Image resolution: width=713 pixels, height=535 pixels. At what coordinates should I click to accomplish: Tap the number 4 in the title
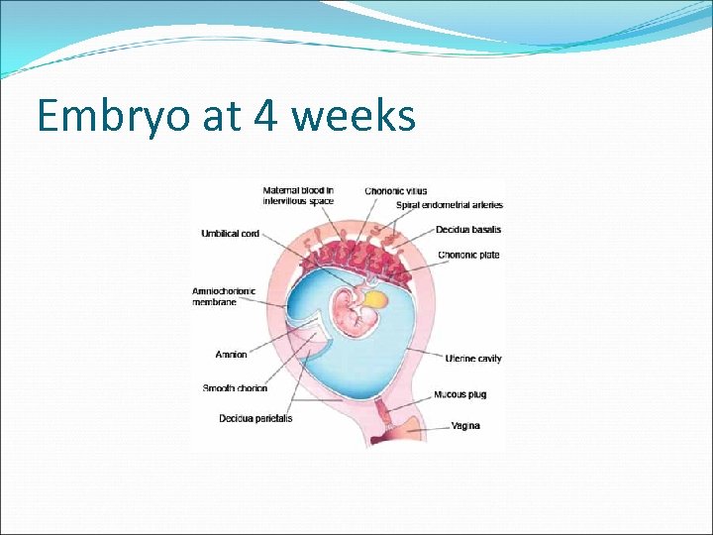[x=264, y=117]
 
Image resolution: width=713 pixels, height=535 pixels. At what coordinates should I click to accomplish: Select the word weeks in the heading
[x=355, y=117]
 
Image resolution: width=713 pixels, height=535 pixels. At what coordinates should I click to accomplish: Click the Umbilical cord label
[x=231, y=234]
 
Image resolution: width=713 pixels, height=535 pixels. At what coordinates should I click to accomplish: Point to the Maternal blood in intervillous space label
[x=298, y=195]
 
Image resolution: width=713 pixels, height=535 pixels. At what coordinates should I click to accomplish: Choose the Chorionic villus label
[x=395, y=190]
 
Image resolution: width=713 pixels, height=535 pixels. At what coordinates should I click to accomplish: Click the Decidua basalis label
[x=467, y=230]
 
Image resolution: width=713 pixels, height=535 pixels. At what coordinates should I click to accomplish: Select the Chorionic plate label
[x=468, y=255]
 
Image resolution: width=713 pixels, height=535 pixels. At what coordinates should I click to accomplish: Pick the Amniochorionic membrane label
[x=223, y=296]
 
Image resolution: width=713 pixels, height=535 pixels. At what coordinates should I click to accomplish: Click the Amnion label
[x=231, y=355]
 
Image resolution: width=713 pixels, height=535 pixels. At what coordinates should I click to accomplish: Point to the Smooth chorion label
[x=235, y=388]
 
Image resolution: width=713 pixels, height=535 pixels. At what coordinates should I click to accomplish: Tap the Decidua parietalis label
[x=255, y=418]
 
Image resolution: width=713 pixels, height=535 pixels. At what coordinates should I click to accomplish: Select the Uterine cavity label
[x=473, y=359]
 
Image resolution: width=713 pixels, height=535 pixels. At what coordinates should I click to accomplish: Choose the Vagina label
[x=465, y=426]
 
